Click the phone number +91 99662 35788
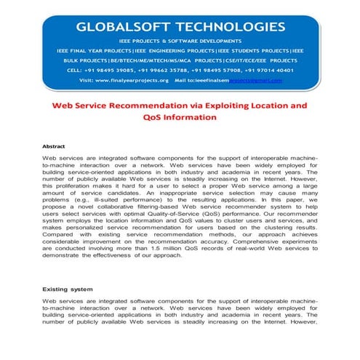tap(169, 71)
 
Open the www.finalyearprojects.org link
tap(130, 80)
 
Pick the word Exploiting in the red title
tap(225, 105)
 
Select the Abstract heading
tap(54, 146)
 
